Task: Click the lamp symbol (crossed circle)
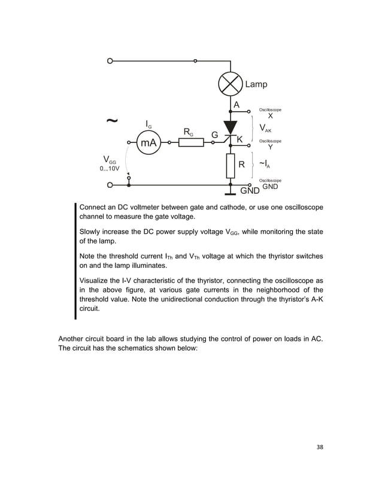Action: tap(230, 85)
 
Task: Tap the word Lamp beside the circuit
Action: tap(256, 85)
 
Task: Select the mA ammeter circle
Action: tap(148, 143)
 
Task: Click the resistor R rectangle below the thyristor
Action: tap(231, 164)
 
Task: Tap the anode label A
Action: tap(237, 105)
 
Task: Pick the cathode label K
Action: tap(240, 139)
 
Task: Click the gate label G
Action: tap(214, 135)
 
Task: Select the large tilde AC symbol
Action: tap(111, 121)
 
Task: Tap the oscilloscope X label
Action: tap(270, 116)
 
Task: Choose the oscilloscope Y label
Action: tap(270, 147)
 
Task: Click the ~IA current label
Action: tap(265, 164)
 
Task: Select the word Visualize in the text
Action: tap(96, 280)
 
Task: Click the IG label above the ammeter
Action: tap(149, 124)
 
